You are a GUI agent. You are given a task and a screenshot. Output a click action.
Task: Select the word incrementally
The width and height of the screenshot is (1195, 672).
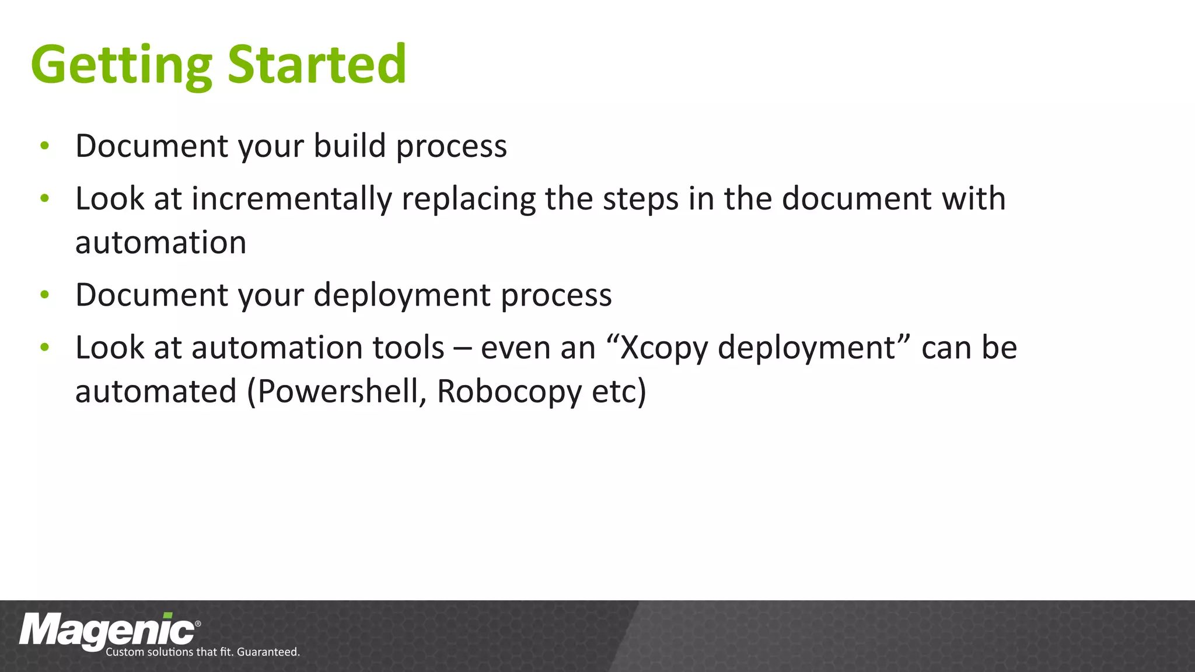tap(292, 199)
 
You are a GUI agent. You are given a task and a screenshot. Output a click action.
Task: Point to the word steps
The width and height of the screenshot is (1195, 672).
tap(640, 199)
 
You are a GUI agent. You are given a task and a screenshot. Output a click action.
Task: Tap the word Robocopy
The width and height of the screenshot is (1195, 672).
tap(509, 391)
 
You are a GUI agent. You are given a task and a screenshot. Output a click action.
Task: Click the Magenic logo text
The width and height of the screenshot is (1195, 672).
tap(106, 631)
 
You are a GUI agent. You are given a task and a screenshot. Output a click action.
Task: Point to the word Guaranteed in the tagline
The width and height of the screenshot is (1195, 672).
tap(267, 652)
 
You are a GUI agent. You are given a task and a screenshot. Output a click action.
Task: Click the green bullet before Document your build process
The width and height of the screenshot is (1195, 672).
tap(45, 146)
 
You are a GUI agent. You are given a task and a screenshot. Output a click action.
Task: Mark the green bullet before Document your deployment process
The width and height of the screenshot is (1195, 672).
tap(45, 295)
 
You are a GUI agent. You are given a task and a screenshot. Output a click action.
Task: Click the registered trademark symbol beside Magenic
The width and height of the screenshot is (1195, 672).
tap(198, 624)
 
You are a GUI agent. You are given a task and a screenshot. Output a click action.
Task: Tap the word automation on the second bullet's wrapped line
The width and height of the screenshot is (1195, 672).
tap(160, 243)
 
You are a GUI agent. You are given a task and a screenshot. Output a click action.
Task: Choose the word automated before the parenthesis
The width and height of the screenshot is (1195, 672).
tap(156, 391)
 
